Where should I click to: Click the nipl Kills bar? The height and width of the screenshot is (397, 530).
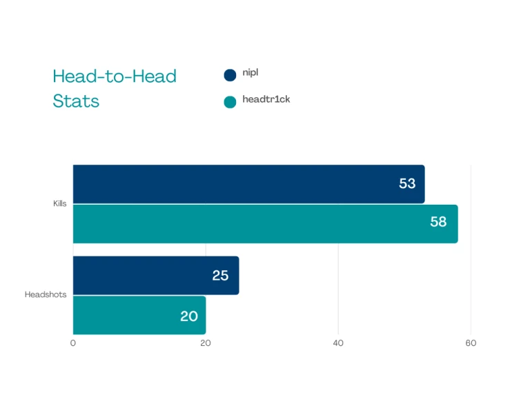(248, 184)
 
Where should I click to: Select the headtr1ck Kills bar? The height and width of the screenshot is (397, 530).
(265, 223)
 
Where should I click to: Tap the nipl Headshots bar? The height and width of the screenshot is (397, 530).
(156, 276)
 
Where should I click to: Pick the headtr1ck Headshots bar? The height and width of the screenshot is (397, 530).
(139, 315)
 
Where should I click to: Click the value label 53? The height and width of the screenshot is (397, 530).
(407, 184)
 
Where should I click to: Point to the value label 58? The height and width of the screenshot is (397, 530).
(438, 223)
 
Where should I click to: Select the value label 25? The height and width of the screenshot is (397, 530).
(220, 276)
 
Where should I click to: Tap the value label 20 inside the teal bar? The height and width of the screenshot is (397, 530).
(189, 316)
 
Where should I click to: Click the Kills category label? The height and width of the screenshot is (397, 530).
(60, 204)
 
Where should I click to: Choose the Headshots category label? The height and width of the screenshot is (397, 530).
(46, 295)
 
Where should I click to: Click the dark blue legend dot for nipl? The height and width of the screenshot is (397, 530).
(230, 75)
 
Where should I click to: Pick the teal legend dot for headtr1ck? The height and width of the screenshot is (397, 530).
(230, 101)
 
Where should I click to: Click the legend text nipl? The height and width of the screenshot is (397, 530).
(251, 73)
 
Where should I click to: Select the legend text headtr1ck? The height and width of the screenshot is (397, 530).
(266, 99)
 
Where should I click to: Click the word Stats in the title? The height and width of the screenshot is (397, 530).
(76, 101)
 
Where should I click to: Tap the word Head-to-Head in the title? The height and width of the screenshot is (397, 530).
(115, 76)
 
